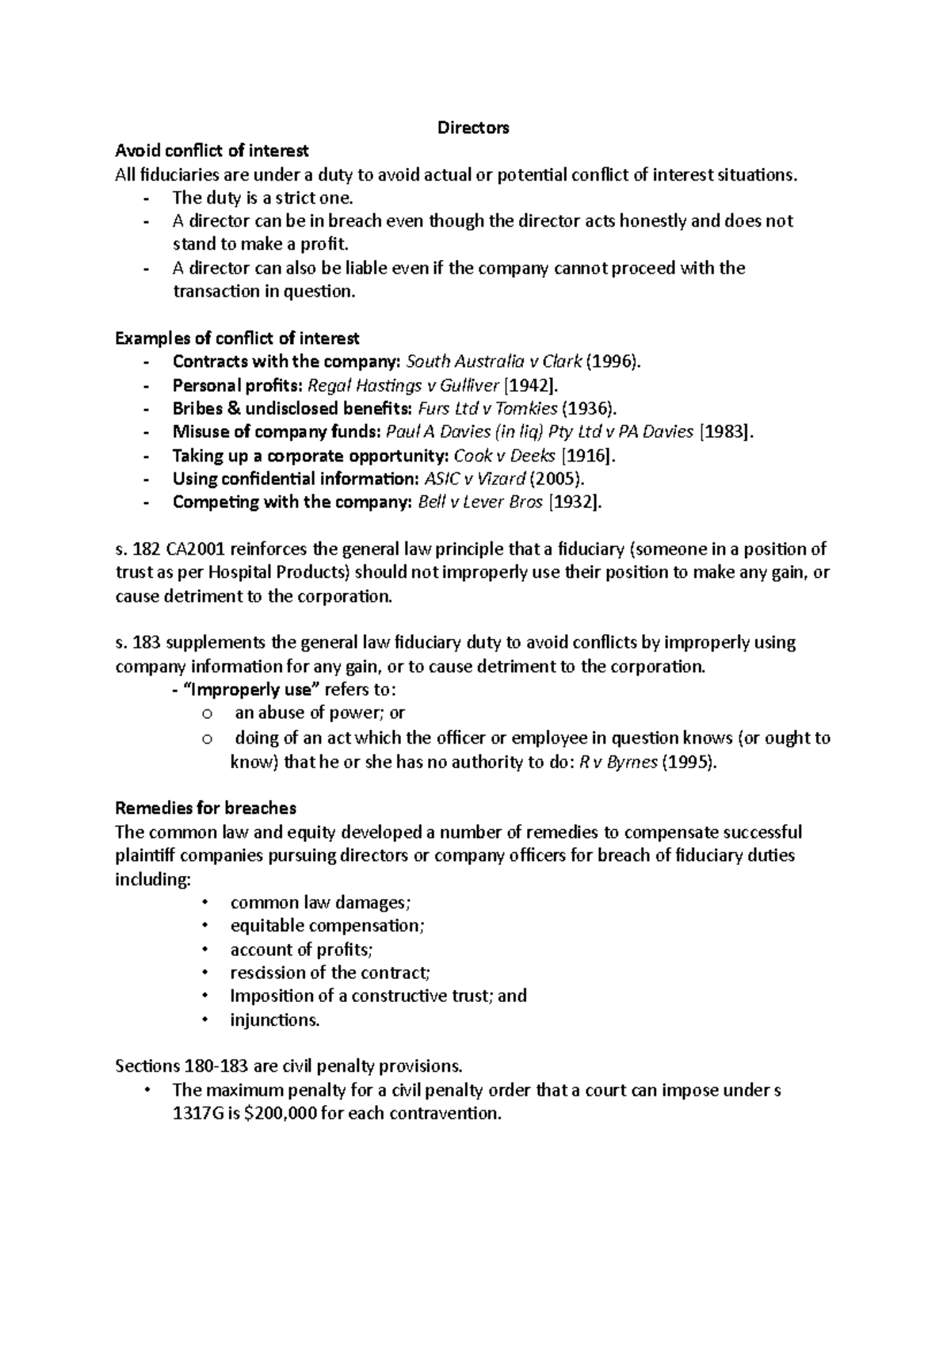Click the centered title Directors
tap(473, 128)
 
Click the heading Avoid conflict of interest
tap(212, 151)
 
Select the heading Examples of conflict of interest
tap(237, 338)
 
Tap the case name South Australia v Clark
tap(494, 362)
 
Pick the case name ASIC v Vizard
tap(474, 479)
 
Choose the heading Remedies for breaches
tap(205, 809)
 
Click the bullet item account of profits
tap(300, 950)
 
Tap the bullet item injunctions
tap(275, 1020)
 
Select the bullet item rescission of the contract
tap(330, 973)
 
